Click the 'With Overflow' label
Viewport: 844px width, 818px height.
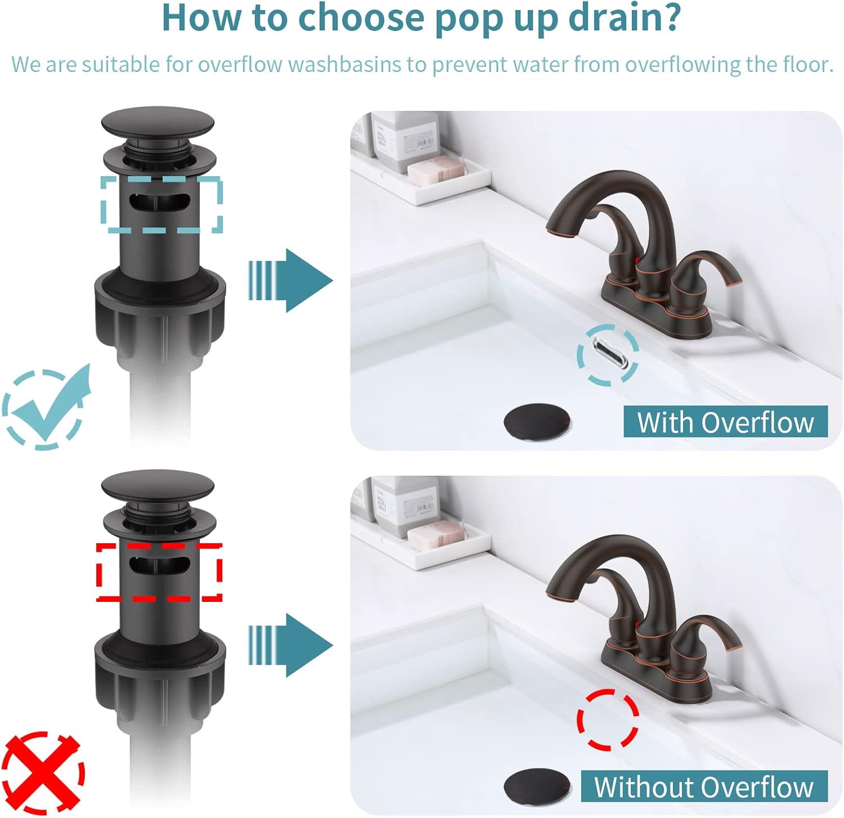pos(725,422)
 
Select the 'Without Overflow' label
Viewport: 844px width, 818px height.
pos(703,786)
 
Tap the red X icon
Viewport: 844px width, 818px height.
pos(43,772)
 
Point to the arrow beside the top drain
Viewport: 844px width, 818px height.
pos(290,280)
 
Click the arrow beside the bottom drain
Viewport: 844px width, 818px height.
pos(290,645)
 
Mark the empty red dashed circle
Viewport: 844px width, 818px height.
pos(608,719)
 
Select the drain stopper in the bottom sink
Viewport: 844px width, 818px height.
pos(537,786)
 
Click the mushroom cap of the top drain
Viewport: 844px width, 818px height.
pos(158,122)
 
